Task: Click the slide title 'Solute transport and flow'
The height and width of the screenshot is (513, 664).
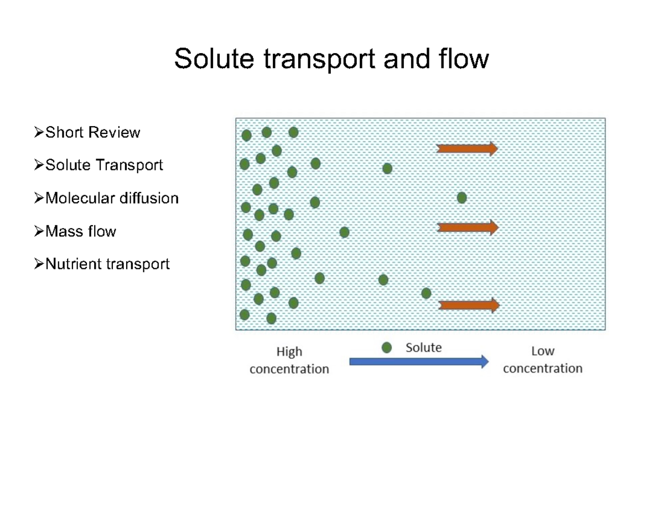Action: (331, 59)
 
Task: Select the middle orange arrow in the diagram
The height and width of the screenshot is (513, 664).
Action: (468, 227)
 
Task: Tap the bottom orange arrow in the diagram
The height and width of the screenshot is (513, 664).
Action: (469, 305)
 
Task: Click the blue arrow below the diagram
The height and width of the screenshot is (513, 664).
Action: (419, 362)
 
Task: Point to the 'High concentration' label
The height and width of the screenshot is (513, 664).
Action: (289, 360)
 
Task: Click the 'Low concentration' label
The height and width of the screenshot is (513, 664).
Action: (542, 359)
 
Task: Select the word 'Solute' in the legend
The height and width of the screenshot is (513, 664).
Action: (424, 348)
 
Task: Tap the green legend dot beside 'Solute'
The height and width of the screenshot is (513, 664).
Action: (387, 348)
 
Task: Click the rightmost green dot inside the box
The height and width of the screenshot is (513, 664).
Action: (461, 198)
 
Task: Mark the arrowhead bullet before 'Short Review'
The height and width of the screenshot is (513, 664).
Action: (38, 133)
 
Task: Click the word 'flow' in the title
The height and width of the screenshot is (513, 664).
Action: (469, 59)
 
